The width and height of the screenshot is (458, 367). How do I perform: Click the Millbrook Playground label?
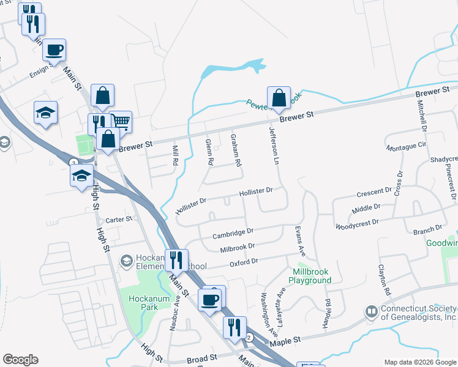[x=312, y=276]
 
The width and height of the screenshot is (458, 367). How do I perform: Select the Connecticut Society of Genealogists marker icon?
[x=371, y=312]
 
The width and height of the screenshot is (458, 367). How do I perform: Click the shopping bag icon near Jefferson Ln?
[x=279, y=98]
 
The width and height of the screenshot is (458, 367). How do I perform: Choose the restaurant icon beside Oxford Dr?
[x=176, y=260]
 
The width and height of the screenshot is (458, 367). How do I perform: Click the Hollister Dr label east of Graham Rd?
[x=255, y=191]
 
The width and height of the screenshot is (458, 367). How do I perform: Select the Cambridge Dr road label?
[x=233, y=233]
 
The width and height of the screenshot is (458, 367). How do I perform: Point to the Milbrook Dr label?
[x=237, y=246]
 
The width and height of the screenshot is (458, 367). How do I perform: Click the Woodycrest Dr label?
[x=358, y=224]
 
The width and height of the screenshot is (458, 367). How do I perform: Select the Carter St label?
[x=119, y=220]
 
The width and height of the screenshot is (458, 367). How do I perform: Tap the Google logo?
[x=20, y=360]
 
